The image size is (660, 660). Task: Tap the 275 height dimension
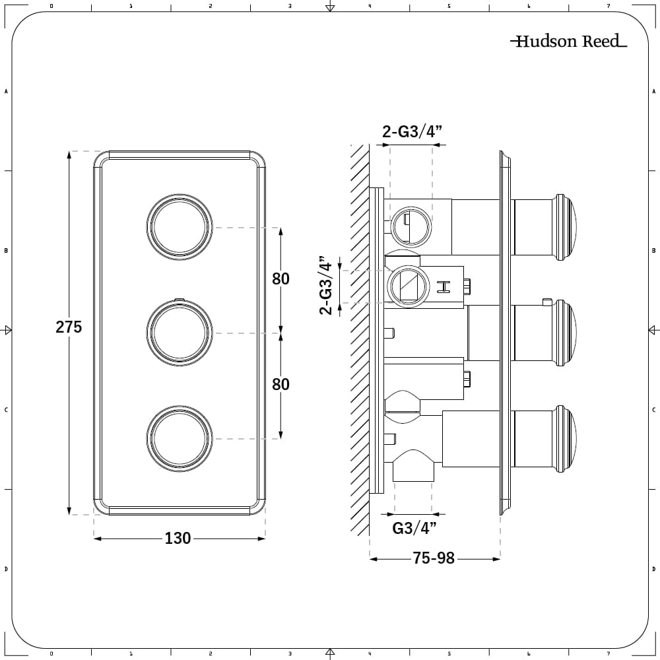[x=69, y=327]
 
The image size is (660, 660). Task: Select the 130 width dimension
[x=178, y=539]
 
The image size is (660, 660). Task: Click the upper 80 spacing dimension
[x=281, y=279]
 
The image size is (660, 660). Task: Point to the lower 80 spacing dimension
[x=281, y=384]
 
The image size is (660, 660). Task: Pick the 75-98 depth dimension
[x=434, y=558]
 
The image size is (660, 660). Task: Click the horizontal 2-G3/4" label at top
[x=412, y=131]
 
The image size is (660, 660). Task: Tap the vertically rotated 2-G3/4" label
[x=326, y=285]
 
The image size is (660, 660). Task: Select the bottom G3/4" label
[x=414, y=528]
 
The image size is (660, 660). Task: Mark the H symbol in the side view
[x=444, y=286]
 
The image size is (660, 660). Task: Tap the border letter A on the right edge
[x=653, y=92]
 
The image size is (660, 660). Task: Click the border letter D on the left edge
[x=6, y=569]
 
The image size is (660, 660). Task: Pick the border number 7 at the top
[x=608, y=6]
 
